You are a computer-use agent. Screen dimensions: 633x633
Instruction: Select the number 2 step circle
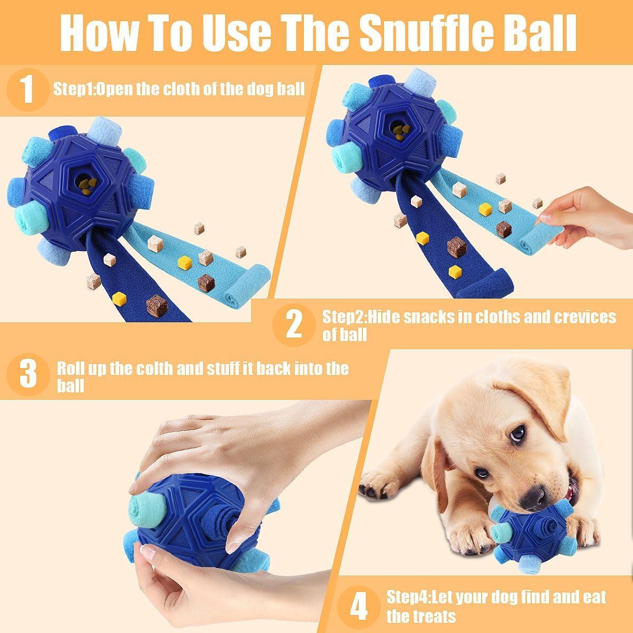point(294,325)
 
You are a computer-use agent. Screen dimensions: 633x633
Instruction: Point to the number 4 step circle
point(359,607)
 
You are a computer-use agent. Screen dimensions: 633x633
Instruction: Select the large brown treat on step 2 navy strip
point(457,247)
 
